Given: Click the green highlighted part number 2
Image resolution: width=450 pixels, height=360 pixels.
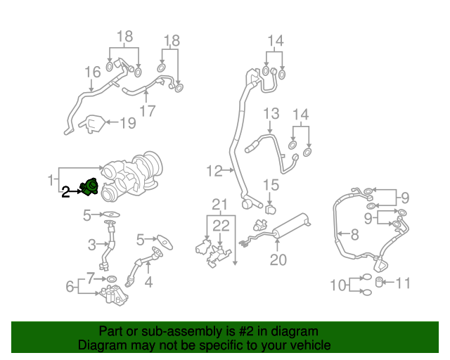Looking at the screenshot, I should [89, 188].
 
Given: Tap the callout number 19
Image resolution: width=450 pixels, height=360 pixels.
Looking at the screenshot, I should [127, 124].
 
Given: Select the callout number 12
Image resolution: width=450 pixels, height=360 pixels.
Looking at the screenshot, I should [214, 170].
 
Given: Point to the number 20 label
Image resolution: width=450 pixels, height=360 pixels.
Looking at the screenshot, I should [278, 260].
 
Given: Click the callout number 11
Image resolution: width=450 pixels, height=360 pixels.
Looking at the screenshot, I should [402, 283].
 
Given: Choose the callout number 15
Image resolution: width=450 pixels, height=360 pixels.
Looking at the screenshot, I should [271, 186].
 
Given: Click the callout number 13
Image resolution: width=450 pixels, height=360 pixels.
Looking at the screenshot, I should [271, 114].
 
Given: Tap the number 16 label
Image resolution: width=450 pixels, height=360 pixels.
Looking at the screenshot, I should [93, 72].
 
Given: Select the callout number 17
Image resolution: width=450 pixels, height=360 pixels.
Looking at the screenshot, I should [147, 111].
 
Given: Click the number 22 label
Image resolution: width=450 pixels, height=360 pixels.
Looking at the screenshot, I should [221, 225].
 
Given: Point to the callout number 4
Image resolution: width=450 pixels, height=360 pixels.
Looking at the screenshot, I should [148, 283].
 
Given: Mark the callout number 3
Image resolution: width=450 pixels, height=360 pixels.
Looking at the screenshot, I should [91, 245].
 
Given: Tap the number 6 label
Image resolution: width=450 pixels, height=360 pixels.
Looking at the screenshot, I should [70, 286].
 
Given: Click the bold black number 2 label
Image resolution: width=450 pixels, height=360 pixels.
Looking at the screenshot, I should [65, 191].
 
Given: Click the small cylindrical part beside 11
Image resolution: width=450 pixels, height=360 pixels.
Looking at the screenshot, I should [380, 283].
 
